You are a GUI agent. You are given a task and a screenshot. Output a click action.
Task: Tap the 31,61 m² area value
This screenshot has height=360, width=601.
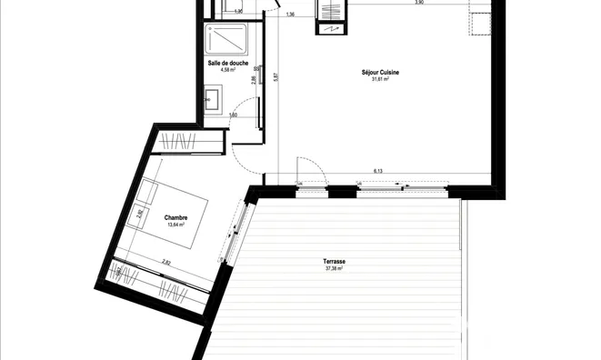tap(380, 79)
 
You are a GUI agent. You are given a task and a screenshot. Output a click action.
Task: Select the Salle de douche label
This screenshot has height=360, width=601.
tap(223, 62)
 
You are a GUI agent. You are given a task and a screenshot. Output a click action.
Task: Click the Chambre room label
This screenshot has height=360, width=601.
tap(176, 217)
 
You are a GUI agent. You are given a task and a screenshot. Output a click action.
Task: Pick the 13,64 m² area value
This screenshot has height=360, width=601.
tap(176, 225)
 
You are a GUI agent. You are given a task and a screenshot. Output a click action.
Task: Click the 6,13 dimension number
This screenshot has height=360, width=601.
tap(377, 171)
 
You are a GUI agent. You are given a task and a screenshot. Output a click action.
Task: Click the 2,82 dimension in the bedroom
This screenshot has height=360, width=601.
tap(166, 262)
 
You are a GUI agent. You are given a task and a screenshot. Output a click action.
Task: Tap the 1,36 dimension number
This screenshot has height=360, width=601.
tap(290, 15)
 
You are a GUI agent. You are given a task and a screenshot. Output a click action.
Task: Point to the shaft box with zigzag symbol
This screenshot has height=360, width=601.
tap(328, 15)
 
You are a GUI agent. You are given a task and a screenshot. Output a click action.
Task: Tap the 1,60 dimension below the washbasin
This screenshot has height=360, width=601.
tap(234, 115)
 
